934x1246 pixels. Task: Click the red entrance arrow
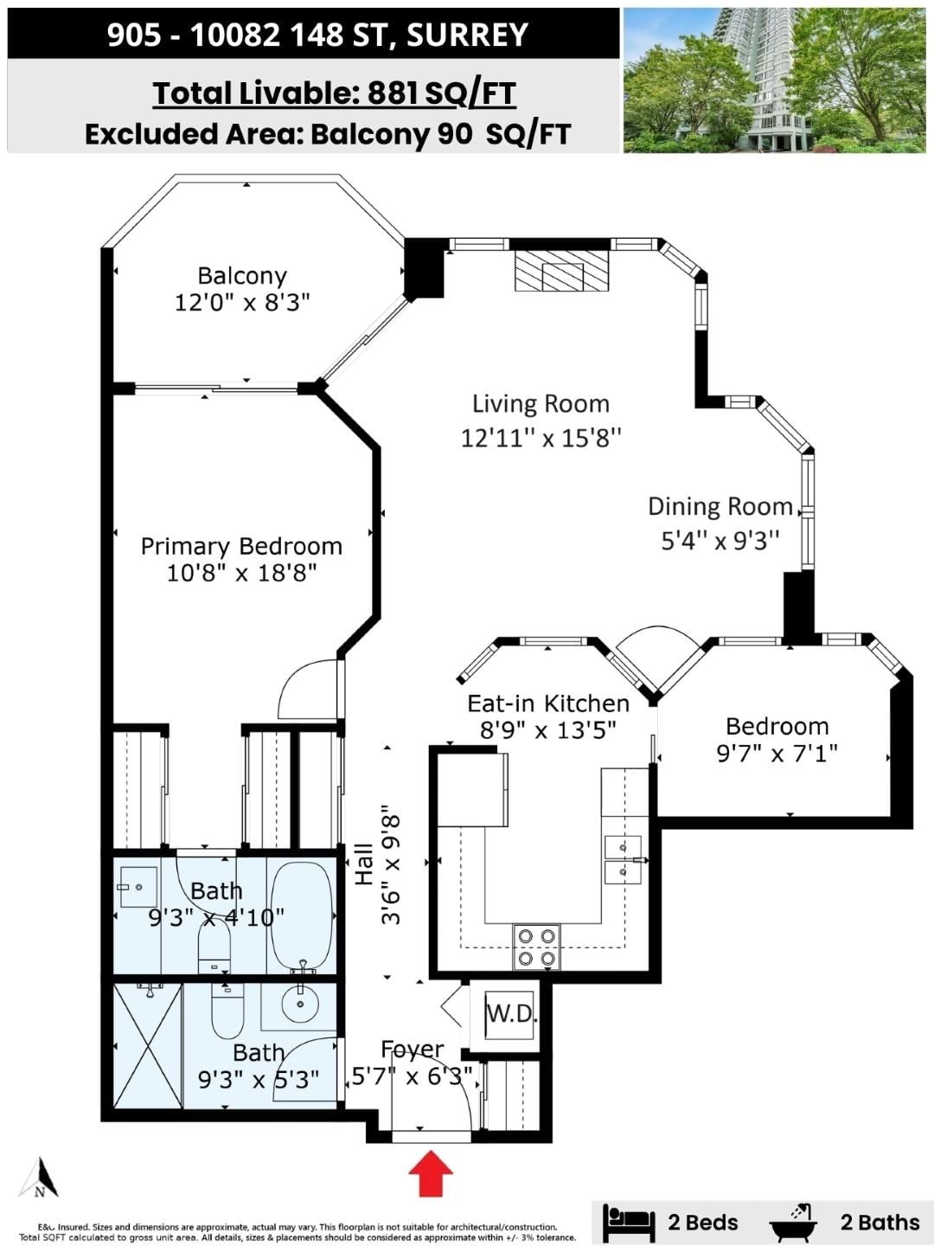point(431,1173)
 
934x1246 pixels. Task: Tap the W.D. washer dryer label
point(512,1013)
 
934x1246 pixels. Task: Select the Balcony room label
point(242,276)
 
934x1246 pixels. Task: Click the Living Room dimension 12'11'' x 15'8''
point(541,438)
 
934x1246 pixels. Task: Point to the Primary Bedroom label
point(241,546)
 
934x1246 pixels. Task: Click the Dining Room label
point(720,506)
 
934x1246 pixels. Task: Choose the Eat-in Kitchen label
point(548,703)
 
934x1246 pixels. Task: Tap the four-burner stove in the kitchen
point(536,947)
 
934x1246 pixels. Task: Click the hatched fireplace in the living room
point(561,271)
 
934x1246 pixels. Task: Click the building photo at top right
point(775,80)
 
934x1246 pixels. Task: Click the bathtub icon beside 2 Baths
point(793,1219)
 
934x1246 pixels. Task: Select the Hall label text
point(364,864)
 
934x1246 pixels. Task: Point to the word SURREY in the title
point(467,35)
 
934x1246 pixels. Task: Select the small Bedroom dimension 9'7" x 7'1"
point(777,754)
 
